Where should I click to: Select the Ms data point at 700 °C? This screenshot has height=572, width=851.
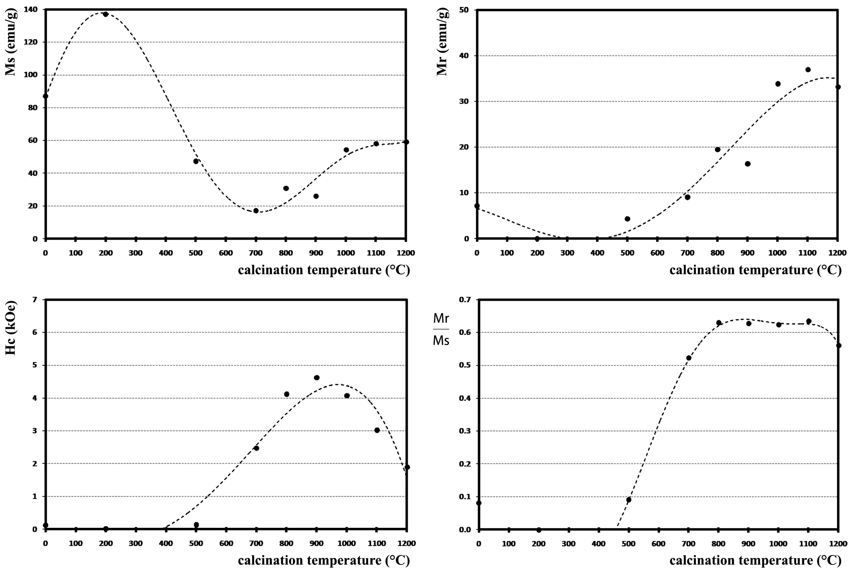point(256,211)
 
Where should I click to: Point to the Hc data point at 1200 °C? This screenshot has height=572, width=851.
point(407,467)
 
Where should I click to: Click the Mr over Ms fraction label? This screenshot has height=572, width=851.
point(441,329)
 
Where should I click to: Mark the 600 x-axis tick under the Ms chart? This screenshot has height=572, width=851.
point(226,253)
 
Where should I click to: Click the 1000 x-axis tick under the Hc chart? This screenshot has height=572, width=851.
point(346,543)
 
